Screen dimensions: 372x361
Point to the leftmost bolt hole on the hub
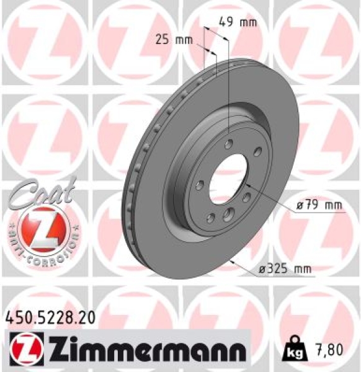tap(198, 185)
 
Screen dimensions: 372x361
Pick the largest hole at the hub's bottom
tap(228, 215)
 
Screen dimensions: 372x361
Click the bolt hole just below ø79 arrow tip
tap(246, 197)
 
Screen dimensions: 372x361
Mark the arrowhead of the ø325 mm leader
tap(231, 261)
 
